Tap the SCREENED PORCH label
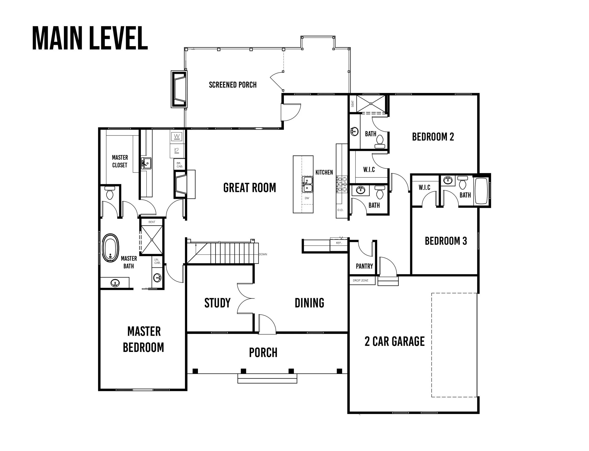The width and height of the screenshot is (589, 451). pos(233,85)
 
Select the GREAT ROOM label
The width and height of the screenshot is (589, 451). pos(250,188)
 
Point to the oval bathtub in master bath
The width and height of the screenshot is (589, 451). pos(110,248)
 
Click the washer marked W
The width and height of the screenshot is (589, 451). pos(177,136)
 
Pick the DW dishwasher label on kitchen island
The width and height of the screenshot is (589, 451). pos(307,198)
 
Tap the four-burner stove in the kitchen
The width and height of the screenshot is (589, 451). pos(341,184)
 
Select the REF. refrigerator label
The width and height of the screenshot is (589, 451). pos(339,243)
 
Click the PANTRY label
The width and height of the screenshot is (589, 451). pos(364,266)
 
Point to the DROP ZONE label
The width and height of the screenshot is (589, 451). pos(360,280)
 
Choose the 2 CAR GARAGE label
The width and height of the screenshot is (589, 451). pos(395,341)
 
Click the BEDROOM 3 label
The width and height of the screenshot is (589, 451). pos(446,241)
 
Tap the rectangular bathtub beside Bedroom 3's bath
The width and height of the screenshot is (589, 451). pos(482,191)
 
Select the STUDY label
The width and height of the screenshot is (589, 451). pos(217,303)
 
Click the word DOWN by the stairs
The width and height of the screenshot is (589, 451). pos(263,254)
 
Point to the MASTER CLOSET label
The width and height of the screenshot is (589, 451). pos(120,161)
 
